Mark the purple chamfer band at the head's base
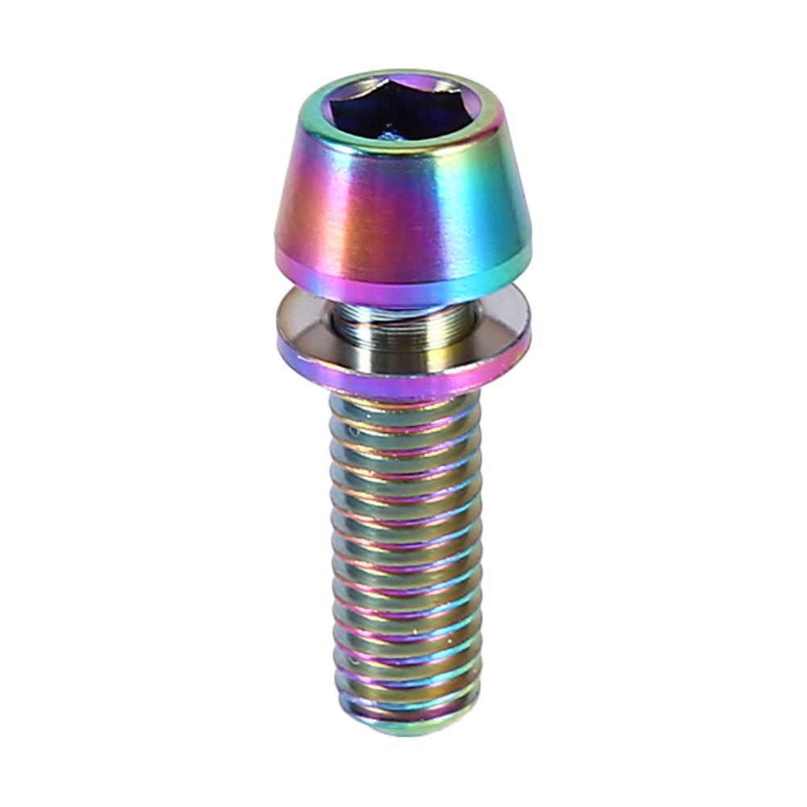pos(403,278)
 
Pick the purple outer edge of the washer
pos(403,379)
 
